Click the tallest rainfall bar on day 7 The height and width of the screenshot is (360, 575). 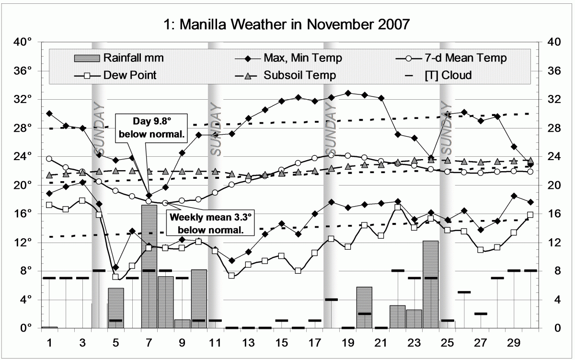(149, 266)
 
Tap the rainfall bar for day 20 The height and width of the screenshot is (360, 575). (364, 307)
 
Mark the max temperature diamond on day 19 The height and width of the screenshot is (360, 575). (348, 93)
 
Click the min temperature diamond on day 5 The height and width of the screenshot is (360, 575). (115, 267)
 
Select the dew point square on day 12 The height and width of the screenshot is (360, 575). (231, 276)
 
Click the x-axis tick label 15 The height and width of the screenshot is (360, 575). (282, 344)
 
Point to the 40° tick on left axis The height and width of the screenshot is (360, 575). (24, 42)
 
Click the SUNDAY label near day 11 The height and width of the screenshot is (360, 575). (215, 129)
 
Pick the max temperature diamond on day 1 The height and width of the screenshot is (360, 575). (49, 114)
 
